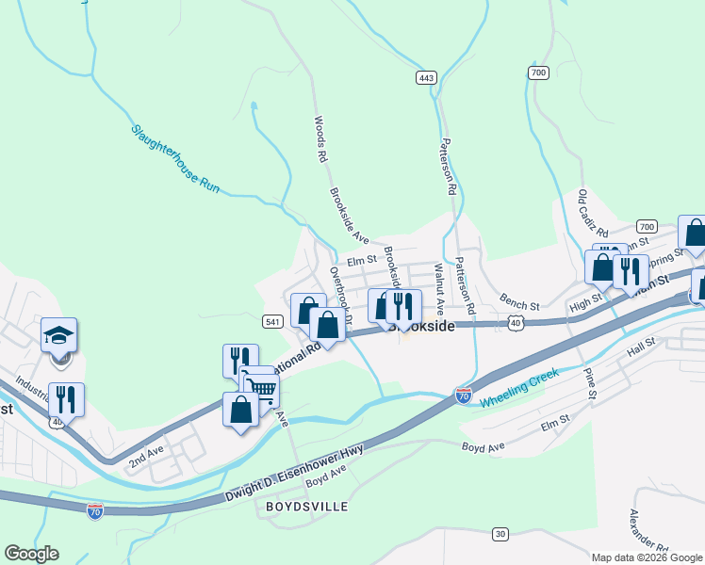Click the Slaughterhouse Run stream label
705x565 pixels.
(174, 159)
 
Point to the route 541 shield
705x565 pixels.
(271, 321)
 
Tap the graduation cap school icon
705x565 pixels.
(58, 334)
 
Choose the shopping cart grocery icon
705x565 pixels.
(261, 388)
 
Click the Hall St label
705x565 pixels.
(640, 348)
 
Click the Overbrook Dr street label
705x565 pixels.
(340, 296)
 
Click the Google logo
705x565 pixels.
(31, 554)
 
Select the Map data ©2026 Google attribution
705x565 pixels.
(648, 557)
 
